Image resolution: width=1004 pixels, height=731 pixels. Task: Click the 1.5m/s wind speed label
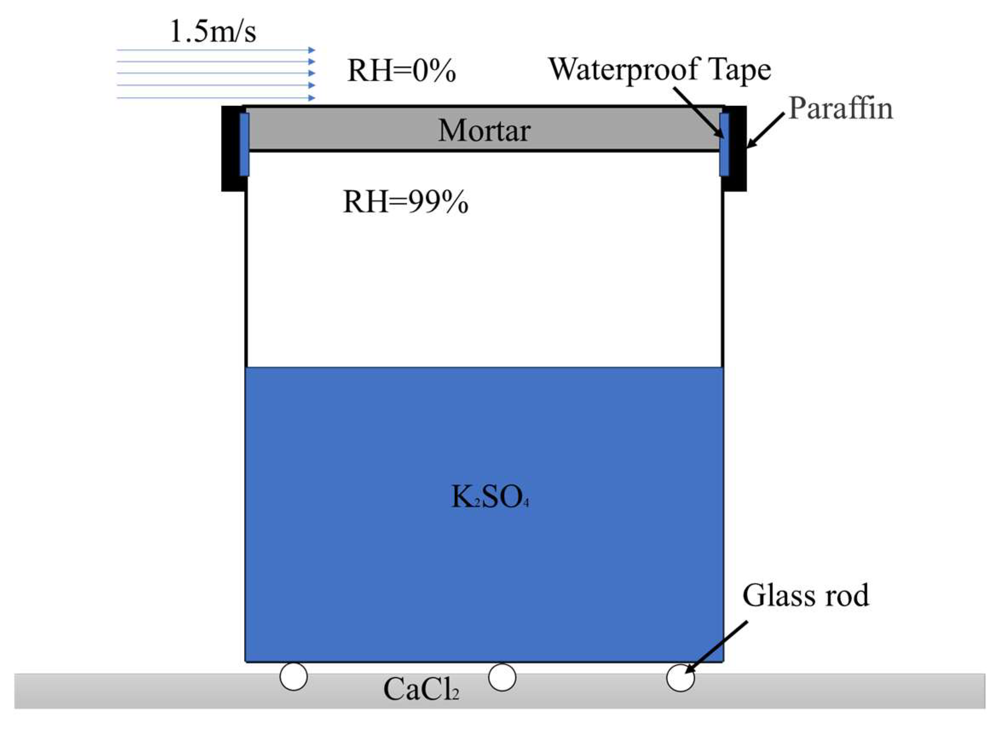click(x=213, y=32)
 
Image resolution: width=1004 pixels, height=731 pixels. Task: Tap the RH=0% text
click(x=401, y=71)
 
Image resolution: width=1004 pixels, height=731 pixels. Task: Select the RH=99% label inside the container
click(x=405, y=202)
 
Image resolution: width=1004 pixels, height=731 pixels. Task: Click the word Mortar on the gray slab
click(x=484, y=131)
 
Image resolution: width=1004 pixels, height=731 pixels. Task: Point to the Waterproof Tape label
click(x=659, y=70)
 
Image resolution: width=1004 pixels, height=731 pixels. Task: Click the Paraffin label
click(x=840, y=109)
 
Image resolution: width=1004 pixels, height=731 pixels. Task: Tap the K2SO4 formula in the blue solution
click(x=489, y=497)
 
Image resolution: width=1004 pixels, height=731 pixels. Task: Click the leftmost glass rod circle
click(x=293, y=676)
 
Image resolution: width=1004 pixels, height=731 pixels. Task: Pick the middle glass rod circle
click(x=501, y=677)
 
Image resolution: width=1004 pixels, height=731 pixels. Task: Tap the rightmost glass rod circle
click(x=680, y=677)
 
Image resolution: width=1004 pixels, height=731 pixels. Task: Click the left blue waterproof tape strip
click(x=244, y=144)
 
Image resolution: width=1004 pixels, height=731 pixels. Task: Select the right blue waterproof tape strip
click(x=724, y=144)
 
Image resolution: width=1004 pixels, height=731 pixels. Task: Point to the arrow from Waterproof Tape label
click(x=699, y=113)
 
